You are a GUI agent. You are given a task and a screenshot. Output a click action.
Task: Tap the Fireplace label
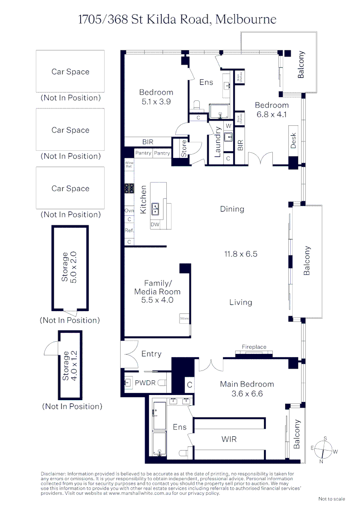(254, 347)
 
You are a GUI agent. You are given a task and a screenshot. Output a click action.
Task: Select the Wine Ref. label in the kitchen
(129, 164)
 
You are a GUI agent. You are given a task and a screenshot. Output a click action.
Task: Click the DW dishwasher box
(155, 225)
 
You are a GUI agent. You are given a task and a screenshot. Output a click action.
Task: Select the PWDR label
(144, 383)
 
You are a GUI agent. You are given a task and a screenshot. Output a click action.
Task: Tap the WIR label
(229, 439)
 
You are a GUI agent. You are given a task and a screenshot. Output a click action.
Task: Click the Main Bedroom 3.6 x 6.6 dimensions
(247, 394)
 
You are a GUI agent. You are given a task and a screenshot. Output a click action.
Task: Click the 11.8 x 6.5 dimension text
(240, 254)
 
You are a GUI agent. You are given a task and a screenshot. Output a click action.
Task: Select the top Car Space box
(70, 72)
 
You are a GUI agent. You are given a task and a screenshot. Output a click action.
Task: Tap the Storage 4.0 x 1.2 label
(69, 365)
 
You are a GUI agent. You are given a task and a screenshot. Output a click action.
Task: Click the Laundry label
(218, 142)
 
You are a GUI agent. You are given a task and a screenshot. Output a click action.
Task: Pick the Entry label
(151, 354)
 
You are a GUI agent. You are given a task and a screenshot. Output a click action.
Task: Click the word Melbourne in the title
(245, 19)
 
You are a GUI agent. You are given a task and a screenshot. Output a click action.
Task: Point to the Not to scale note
(332, 499)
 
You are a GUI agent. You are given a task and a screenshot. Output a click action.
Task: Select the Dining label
(232, 209)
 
